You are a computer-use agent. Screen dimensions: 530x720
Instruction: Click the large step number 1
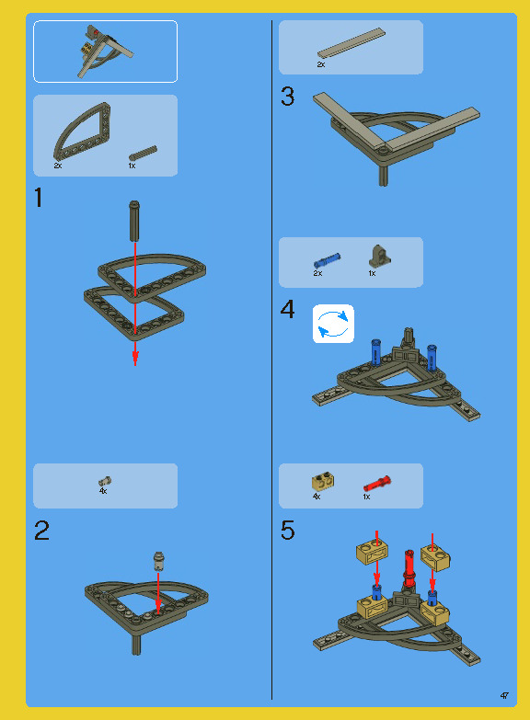click(39, 198)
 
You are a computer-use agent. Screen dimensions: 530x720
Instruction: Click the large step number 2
click(41, 531)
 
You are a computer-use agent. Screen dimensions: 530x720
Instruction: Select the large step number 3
click(287, 97)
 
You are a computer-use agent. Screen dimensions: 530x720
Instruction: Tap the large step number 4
click(287, 309)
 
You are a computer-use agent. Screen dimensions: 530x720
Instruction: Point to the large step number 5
click(287, 531)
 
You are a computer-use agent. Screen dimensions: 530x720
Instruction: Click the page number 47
click(504, 696)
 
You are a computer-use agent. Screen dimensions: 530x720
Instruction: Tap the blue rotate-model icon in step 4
click(333, 324)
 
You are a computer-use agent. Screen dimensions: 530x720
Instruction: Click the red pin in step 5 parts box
click(377, 484)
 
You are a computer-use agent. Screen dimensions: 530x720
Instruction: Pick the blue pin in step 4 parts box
click(327, 260)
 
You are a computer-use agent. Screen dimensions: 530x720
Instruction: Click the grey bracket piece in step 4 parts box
click(380, 257)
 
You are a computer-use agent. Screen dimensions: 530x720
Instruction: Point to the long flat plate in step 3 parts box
click(351, 44)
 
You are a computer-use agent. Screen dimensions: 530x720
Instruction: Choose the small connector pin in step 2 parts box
click(105, 481)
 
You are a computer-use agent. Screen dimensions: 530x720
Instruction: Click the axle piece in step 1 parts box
click(143, 153)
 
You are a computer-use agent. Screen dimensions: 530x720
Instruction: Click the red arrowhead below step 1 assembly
click(135, 359)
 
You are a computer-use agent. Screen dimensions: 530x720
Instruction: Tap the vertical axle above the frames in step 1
click(134, 221)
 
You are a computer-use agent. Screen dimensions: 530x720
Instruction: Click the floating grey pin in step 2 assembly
click(158, 561)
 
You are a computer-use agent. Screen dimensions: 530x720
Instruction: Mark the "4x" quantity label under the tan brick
click(317, 497)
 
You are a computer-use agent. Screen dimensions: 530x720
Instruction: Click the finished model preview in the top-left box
click(106, 51)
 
